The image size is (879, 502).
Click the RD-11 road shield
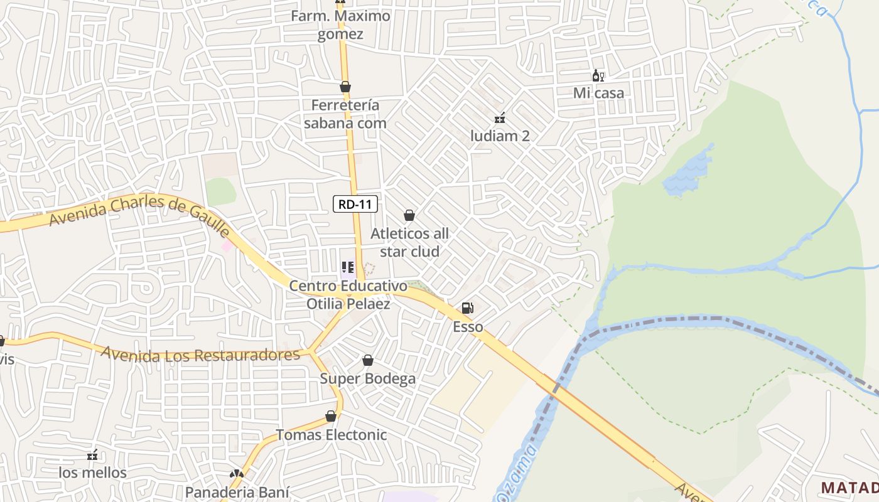point(355,203)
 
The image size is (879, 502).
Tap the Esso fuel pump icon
point(467,308)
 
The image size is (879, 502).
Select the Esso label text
point(468,326)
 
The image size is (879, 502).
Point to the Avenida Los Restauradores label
point(201,355)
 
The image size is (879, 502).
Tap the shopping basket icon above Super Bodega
point(368,360)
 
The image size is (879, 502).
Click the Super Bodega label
point(368,378)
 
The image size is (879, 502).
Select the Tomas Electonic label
point(332,434)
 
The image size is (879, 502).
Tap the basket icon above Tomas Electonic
point(331,416)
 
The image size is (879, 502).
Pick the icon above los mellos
point(92,454)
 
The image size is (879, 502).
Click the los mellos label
point(92,472)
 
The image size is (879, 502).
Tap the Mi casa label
point(599,93)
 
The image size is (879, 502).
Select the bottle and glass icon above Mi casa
point(598,76)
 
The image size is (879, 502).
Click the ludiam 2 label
point(500,136)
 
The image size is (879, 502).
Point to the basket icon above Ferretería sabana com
point(345,87)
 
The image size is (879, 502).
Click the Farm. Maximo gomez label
point(340,24)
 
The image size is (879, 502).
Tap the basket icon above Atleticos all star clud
point(409,215)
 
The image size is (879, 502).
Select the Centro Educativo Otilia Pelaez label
point(348,295)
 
